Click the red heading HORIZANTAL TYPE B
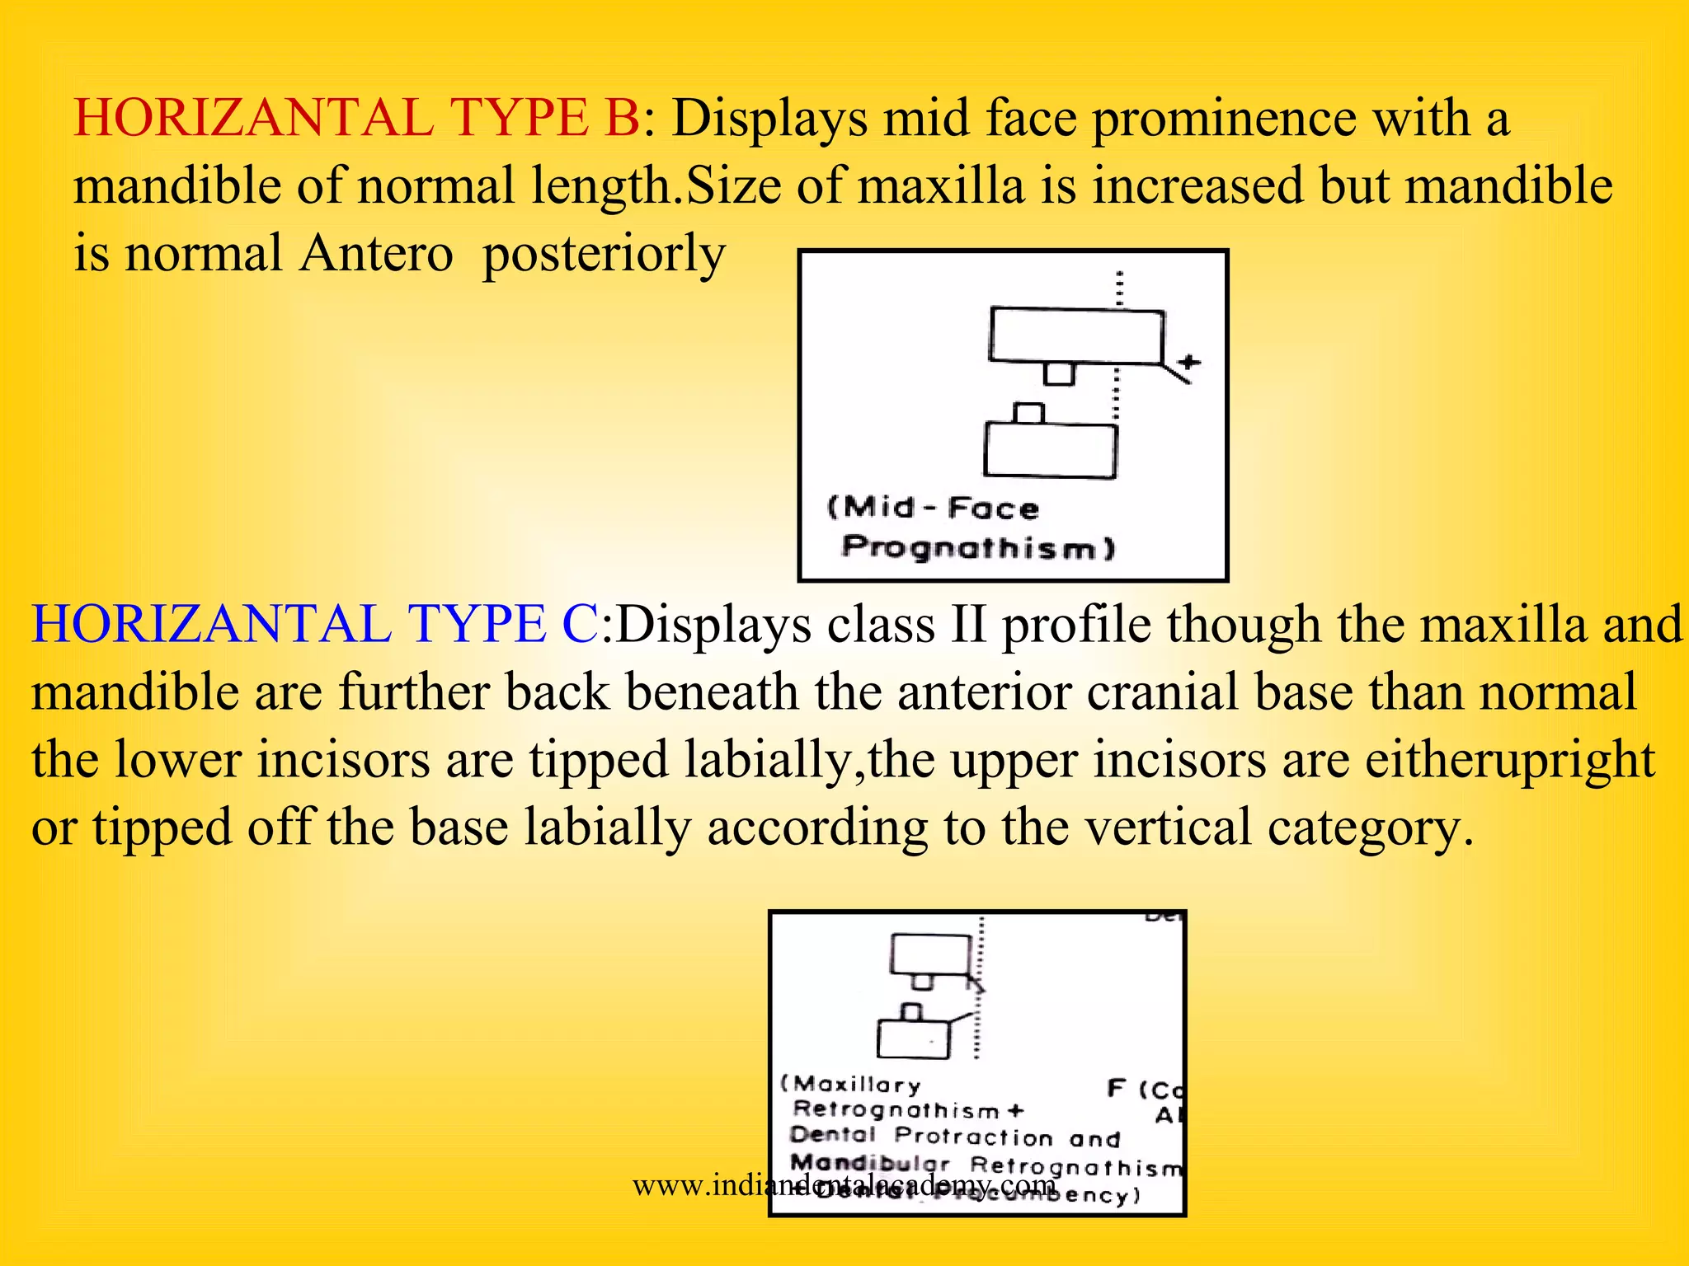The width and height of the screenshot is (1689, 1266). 356,118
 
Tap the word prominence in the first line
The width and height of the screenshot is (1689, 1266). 1224,118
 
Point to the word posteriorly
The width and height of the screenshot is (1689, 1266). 604,254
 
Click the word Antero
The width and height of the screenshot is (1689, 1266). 376,253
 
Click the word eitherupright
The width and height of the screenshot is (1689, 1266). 1509,759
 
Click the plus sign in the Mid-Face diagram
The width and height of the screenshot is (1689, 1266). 1188,362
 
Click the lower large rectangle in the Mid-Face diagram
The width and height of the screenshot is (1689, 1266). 1050,450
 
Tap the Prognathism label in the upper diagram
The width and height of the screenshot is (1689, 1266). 978,547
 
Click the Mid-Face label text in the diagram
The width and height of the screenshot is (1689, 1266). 933,508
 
